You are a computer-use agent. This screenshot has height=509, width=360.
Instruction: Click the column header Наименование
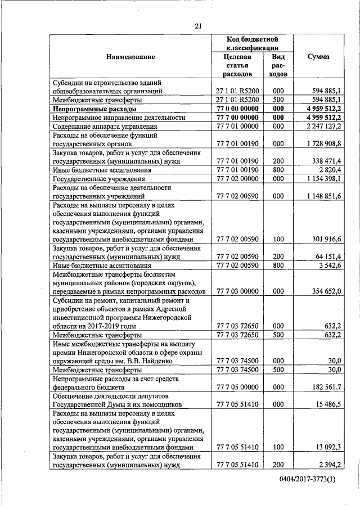130,57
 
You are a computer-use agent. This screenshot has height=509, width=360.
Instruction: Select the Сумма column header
318,57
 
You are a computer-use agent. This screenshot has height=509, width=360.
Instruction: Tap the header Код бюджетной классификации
252,44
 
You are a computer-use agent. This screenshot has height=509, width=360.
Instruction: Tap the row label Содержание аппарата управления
97,127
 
